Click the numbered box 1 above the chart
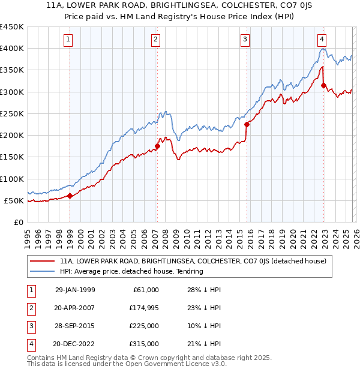point(69,40)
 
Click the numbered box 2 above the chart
point(155,40)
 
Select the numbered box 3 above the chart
point(245,40)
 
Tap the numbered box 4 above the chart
point(322,40)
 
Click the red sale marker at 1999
point(70,196)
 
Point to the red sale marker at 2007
point(157,146)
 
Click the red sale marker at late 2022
point(323,85)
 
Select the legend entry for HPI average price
point(131,271)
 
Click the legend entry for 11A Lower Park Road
point(193,261)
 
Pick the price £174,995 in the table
point(143,308)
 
